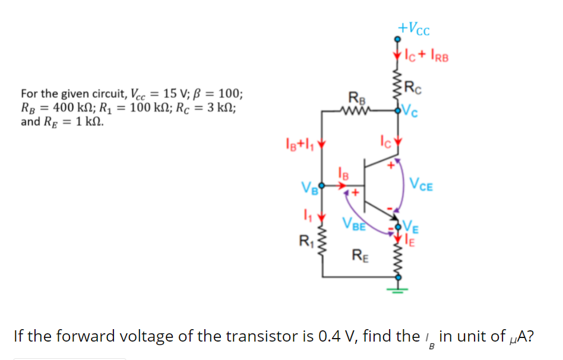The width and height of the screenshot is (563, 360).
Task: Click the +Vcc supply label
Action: (414, 27)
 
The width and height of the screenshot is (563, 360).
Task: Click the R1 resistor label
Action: (306, 242)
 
